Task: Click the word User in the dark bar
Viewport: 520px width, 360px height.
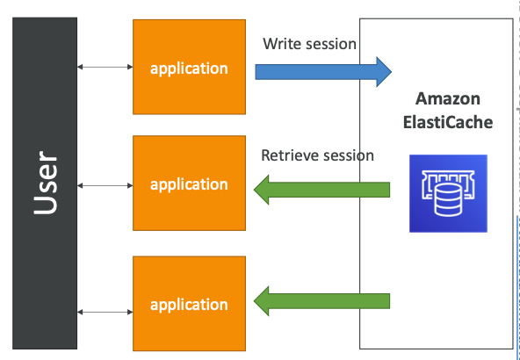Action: (45, 186)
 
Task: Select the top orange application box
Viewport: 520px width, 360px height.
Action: (189, 68)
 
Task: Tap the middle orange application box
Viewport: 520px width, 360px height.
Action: (189, 184)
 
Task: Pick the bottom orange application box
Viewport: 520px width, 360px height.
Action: (189, 304)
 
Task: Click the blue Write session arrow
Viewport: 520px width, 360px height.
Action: (316, 71)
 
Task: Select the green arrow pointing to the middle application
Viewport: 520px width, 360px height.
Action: (325, 188)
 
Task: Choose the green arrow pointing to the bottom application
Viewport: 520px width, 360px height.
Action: (325, 301)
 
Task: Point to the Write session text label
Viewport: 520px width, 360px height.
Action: (310, 43)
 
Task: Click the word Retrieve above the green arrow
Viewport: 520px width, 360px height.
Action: (288, 155)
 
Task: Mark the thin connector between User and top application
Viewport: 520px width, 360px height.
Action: (105, 67)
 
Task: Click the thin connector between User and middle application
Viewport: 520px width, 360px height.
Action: (105, 185)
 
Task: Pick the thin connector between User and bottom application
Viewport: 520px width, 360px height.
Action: (105, 311)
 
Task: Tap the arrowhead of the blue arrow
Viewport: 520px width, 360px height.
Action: (380, 71)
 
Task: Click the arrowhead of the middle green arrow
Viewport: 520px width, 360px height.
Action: (265, 188)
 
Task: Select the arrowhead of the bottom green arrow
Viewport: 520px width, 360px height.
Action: (265, 301)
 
